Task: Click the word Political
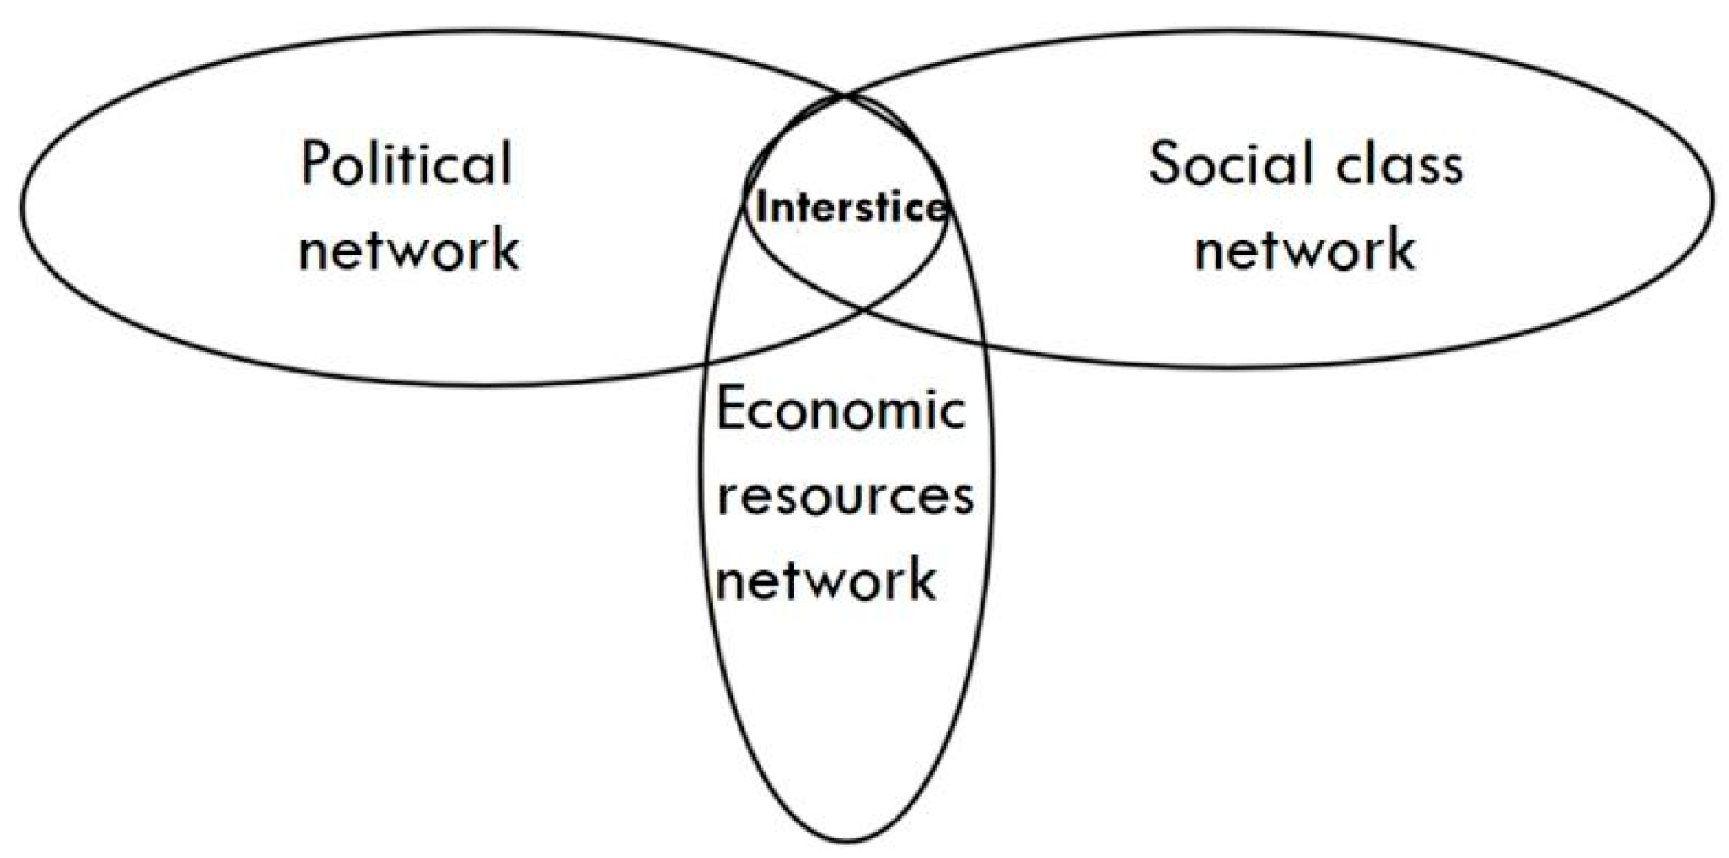(407, 164)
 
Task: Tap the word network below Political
(409, 249)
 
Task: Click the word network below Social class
(1305, 249)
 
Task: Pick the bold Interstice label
(850, 207)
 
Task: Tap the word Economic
(841, 410)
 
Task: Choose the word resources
(845, 496)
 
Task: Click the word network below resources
(826, 580)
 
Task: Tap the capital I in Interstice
(761, 207)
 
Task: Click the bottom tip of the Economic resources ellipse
(847, 842)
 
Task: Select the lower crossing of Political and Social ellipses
(867, 308)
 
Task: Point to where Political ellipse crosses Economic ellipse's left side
(707, 363)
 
